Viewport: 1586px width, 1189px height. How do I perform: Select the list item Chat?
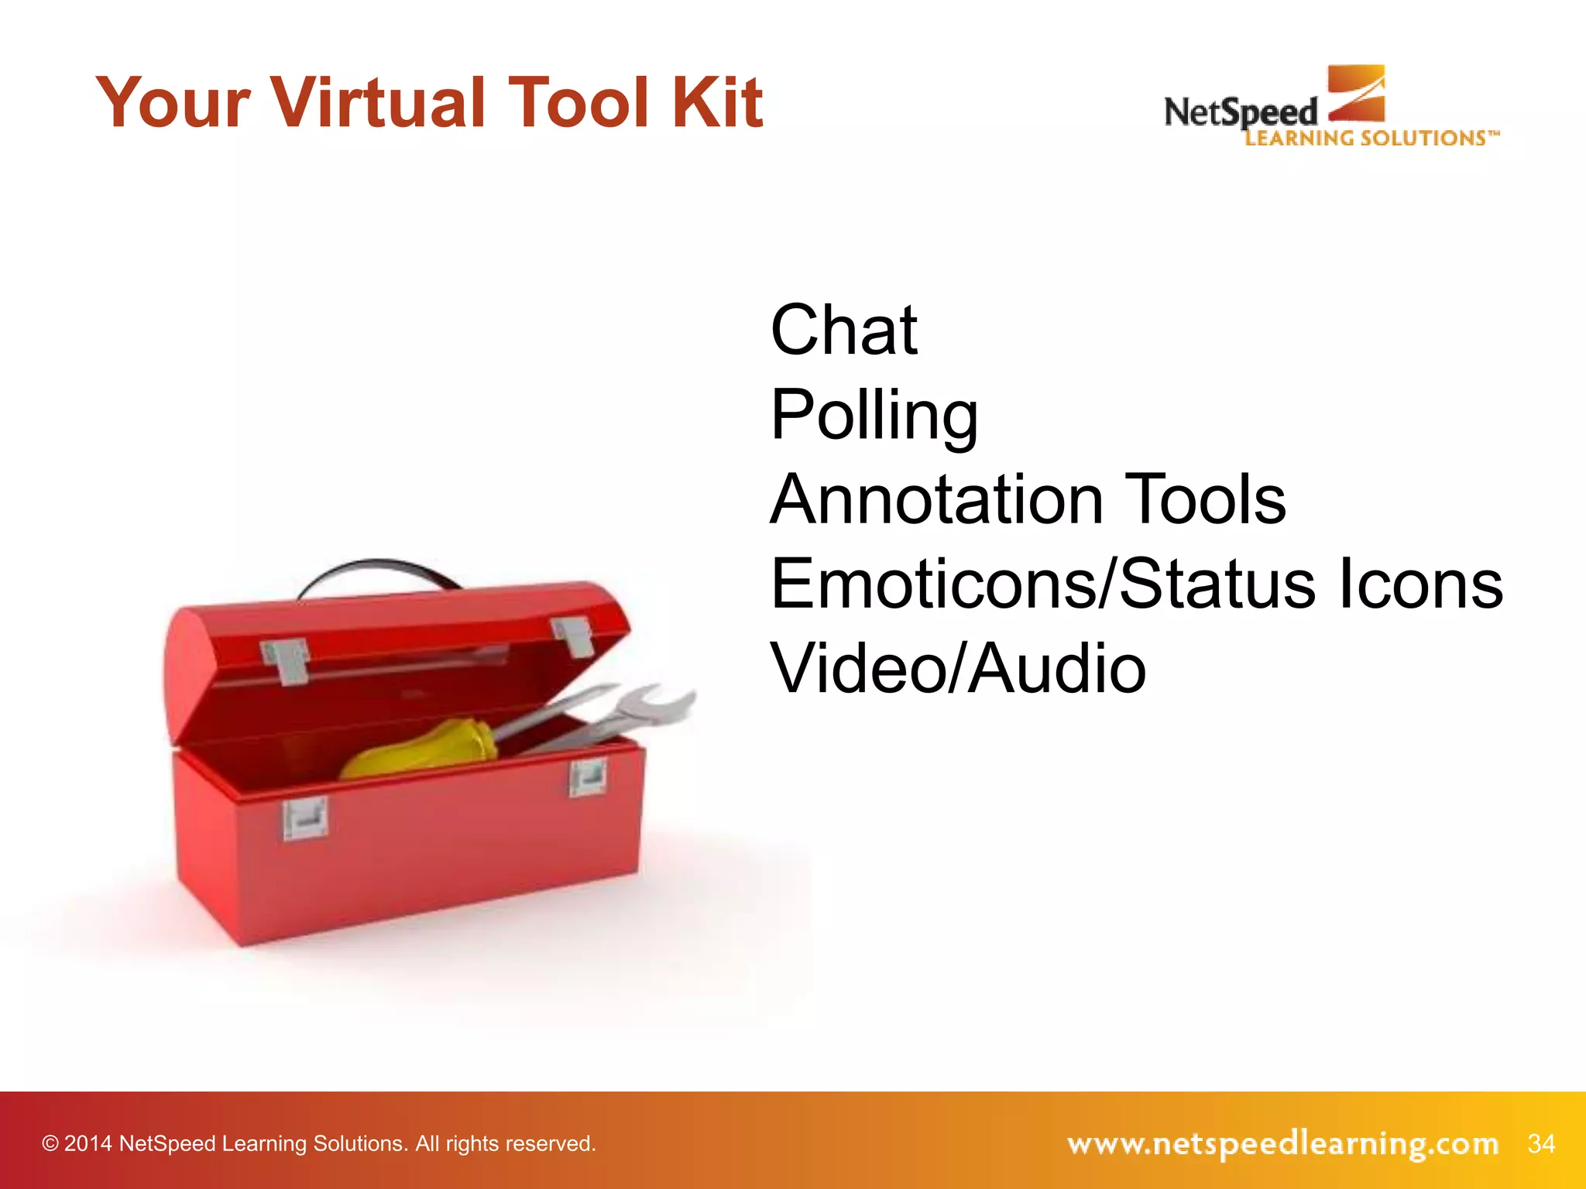[844, 331]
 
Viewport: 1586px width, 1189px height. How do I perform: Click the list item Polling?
[874, 416]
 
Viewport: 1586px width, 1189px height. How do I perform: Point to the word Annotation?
[936, 500]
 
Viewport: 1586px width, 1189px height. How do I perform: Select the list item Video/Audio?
[958, 669]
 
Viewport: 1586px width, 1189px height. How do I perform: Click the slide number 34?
[1541, 1143]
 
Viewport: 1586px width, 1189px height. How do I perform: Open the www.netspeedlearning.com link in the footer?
[1282, 1143]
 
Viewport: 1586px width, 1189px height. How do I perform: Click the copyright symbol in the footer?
[50, 1144]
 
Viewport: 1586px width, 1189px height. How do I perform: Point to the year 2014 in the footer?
[88, 1144]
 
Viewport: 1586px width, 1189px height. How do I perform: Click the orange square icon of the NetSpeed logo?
[1357, 93]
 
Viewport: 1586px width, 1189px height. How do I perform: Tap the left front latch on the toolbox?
[305, 820]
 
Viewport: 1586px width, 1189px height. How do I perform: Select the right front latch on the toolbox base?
[588, 777]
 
